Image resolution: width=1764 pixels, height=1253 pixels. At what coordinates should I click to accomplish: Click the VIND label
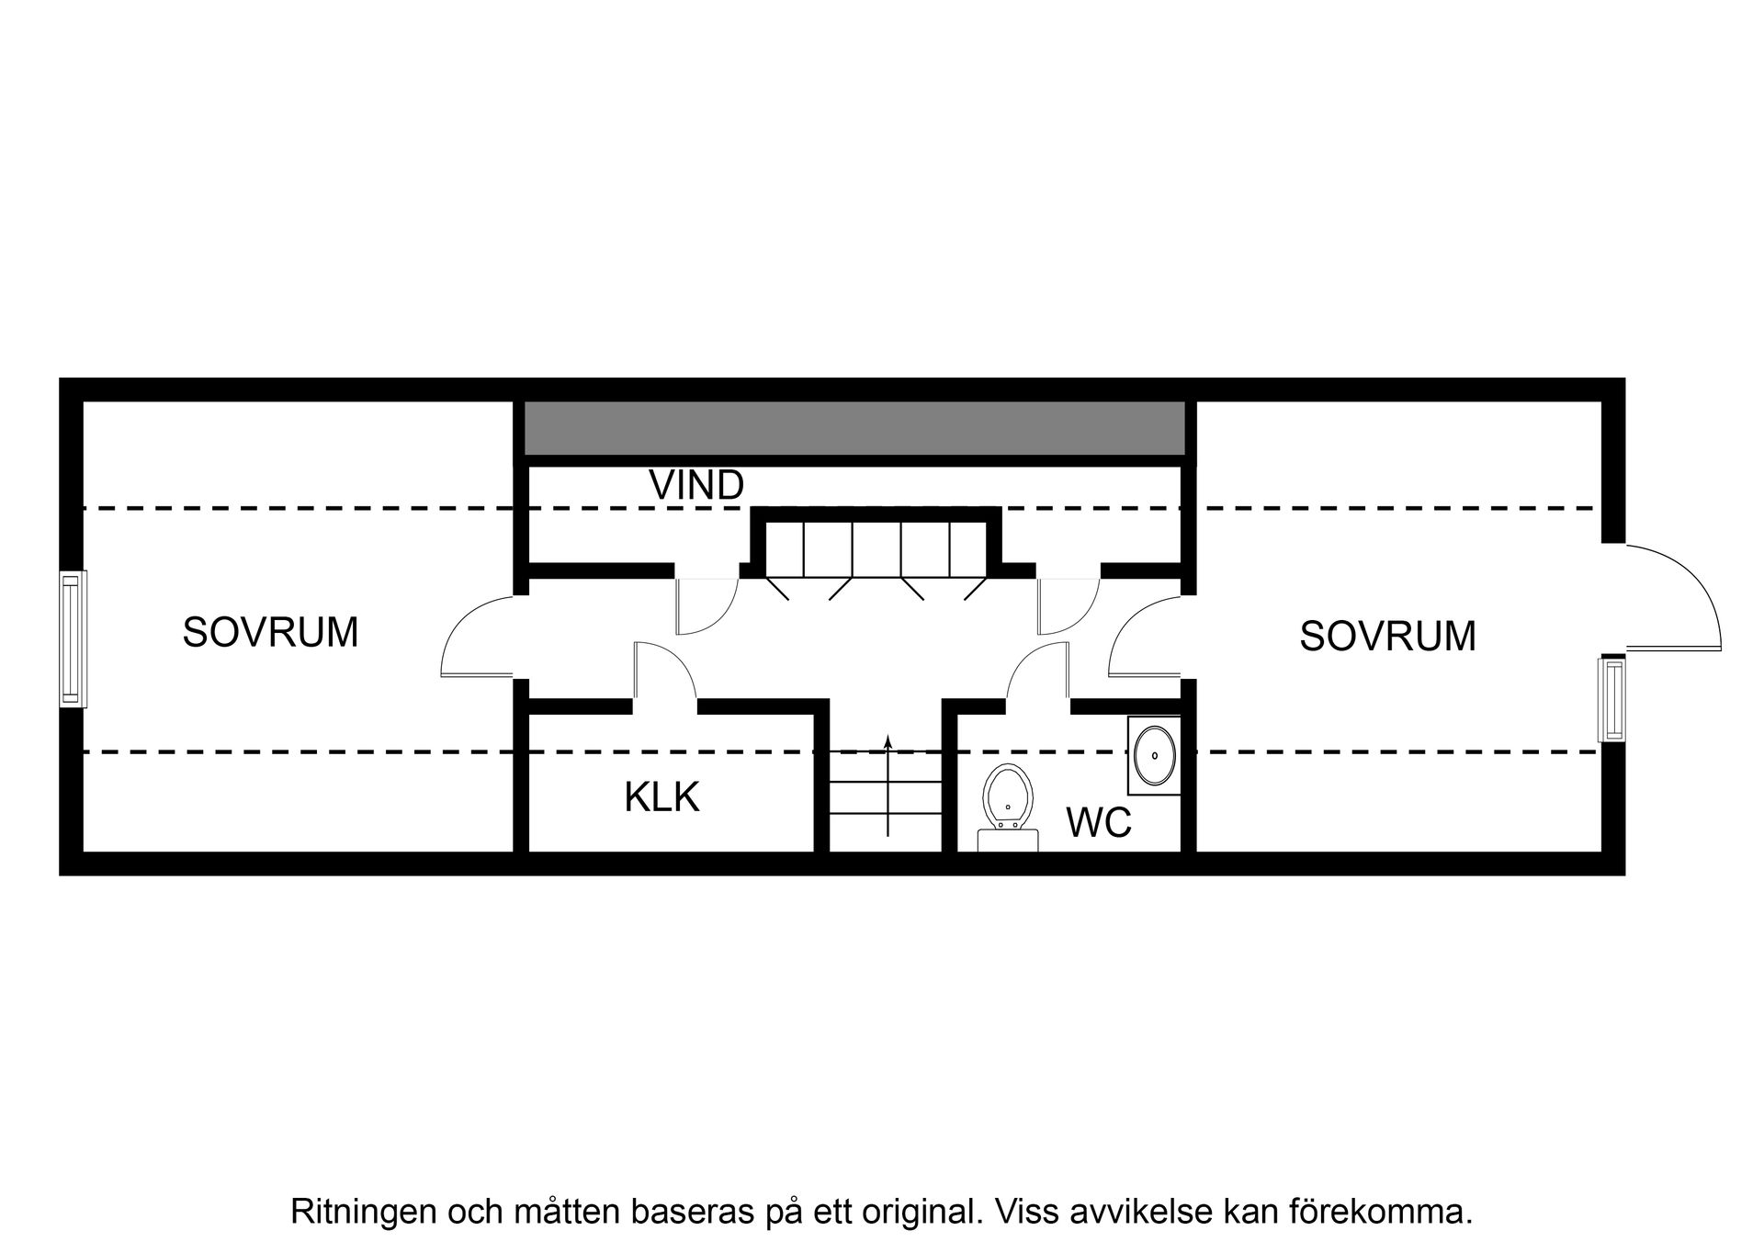pyautogui.click(x=695, y=485)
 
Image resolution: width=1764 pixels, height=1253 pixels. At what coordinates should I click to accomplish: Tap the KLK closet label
pyautogui.click(x=661, y=797)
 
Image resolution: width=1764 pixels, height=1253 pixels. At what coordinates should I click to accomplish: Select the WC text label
pyautogui.click(x=1098, y=822)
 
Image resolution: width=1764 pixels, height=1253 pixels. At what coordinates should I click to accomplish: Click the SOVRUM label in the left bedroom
pyautogui.click(x=270, y=633)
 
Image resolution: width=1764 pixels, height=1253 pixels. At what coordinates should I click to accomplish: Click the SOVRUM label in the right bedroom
pyautogui.click(x=1386, y=637)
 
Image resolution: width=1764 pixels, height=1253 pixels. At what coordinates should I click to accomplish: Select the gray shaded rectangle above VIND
pyautogui.click(x=854, y=428)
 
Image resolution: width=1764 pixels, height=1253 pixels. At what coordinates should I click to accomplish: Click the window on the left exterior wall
pyautogui.click(x=73, y=638)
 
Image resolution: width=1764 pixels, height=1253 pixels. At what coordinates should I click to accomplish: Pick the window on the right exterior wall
pyautogui.click(x=1611, y=699)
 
